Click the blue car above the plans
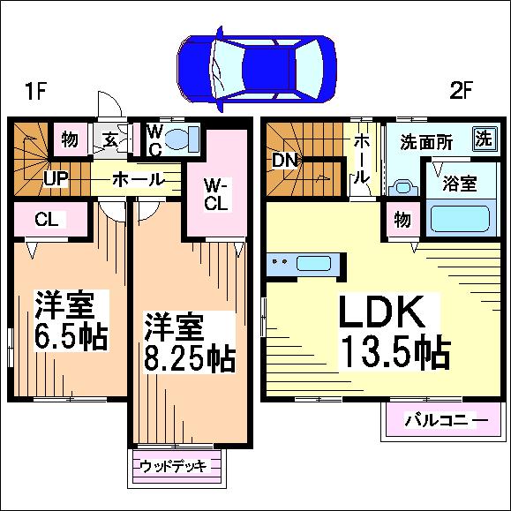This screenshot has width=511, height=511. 257,69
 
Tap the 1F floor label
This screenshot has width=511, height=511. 36,91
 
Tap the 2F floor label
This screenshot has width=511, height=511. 461,91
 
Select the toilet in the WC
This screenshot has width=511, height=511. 182,139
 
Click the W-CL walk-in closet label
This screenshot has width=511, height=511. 216,194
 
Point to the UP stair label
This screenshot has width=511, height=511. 56,178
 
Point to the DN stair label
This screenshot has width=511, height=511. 285,160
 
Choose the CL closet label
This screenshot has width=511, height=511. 47,219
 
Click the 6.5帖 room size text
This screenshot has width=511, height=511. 71,336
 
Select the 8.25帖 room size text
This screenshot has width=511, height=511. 190,357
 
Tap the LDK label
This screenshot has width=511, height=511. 382,312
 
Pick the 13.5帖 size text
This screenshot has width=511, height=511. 395,351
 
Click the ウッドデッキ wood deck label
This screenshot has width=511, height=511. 173,466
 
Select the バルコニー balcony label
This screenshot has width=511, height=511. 447,420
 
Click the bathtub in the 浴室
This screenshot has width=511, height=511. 461,218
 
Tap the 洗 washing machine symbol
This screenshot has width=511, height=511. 485,139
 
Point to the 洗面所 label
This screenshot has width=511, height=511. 426,142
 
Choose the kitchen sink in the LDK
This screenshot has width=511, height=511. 313,263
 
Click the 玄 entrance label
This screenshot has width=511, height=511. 110,140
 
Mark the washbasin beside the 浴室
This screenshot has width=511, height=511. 404,188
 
